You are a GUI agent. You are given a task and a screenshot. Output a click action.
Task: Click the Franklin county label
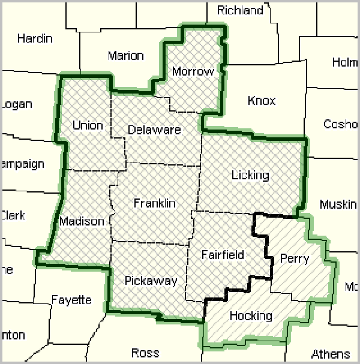point(154,203)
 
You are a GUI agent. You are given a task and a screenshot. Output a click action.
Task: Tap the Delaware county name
point(154,130)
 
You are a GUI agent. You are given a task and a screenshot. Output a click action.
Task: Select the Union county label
point(88,125)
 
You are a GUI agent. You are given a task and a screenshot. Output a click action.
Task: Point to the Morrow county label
point(193,71)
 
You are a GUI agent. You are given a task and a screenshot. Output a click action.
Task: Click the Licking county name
point(250,175)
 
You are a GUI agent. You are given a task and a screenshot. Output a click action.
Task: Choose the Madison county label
point(82,221)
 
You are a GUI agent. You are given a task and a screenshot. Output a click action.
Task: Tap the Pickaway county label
point(151,281)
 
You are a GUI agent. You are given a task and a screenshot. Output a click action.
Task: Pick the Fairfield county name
point(223,254)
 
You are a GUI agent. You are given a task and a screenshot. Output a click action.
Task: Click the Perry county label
point(294,258)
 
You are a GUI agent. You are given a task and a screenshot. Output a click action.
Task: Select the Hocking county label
point(251,315)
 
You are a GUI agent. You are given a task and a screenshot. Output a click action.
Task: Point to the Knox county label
point(262,100)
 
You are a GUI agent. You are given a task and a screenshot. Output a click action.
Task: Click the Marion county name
point(126,56)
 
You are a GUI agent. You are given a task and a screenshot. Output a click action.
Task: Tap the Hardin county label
point(35,38)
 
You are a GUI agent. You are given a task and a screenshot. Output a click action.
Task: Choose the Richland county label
point(240,10)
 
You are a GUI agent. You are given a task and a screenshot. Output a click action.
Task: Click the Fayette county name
point(71,300)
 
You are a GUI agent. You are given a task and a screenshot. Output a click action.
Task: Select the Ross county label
point(145,352)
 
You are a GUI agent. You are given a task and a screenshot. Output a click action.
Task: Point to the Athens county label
point(331,353)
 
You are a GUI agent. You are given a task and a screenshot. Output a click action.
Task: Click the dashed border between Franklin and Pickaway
point(150,243)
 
